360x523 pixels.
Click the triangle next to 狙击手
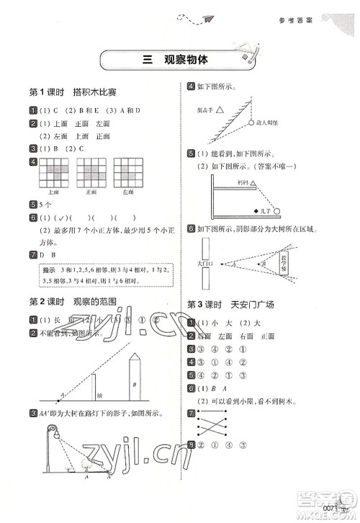click(220, 111)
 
